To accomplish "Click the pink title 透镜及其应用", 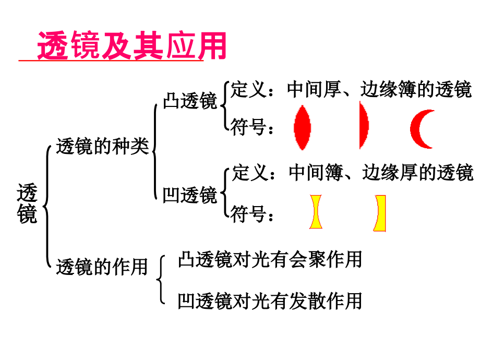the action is pos(131,45).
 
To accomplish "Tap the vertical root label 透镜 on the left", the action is pos(27,203).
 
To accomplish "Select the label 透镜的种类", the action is pos(103,146).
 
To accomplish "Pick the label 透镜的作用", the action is pos(102,267).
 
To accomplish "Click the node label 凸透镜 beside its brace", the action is pos(190,101).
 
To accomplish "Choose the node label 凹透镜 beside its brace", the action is pos(190,195).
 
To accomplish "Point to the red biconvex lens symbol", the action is pos(303,128).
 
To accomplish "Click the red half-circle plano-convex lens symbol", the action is pos(364,125).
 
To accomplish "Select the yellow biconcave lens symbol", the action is pos(316,212).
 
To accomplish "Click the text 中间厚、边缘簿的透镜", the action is pos(379,90).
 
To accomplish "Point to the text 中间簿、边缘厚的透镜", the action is pos(381,172).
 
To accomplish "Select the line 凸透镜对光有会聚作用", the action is pos(270,260).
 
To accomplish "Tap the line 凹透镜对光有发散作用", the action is pos(270,301).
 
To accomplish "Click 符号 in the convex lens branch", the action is pos(248,127).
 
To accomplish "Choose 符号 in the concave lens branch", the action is pos(248,213).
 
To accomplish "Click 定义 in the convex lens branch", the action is pos(248,89).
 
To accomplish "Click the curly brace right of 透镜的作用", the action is pos(160,280).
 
